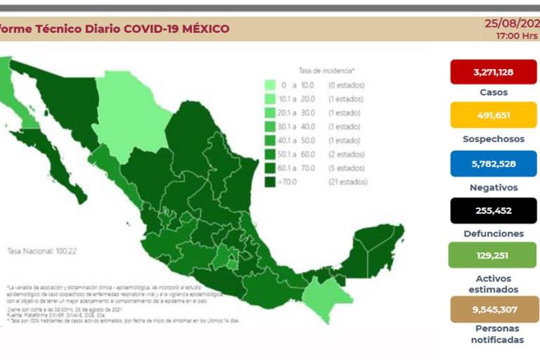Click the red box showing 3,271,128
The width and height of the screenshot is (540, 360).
[494, 72]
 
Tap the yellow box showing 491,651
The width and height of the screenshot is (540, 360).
[494, 115]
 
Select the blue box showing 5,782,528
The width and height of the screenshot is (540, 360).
[494, 164]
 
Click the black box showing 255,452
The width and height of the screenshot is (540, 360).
[494, 210]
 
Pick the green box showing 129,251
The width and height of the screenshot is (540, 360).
[494, 255]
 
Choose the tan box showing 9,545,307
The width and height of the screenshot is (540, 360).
[494, 308]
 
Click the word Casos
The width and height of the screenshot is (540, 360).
[494, 92]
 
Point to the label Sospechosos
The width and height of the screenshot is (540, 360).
[494, 139]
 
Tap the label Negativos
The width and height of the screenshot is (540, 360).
[494, 188]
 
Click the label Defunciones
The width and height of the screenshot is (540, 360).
[494, 233]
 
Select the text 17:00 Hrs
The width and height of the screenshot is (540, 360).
[517, 34]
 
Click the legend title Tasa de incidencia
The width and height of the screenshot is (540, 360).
[326, 71]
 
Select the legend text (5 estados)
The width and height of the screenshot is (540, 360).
[345, 168]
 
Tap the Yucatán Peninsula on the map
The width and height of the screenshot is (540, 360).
[373, 250]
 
